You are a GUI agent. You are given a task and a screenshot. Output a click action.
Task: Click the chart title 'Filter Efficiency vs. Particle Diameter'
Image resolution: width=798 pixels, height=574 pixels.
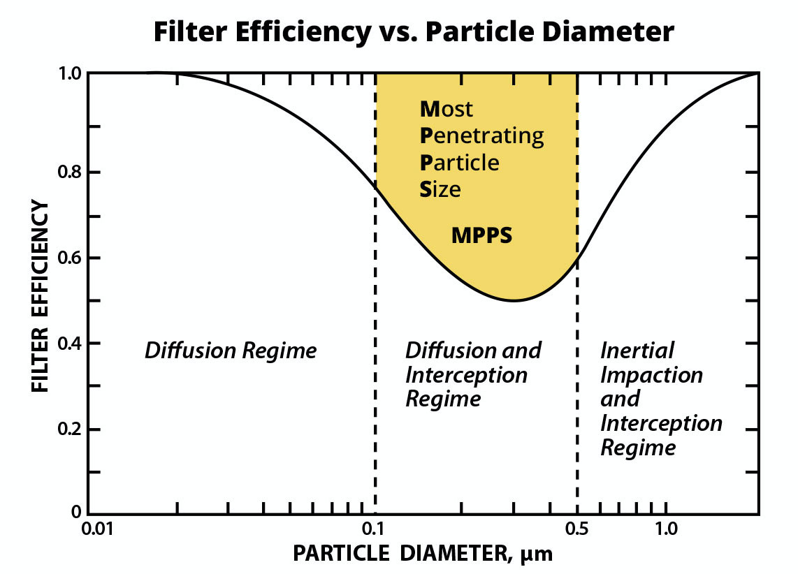(x=414, y=31)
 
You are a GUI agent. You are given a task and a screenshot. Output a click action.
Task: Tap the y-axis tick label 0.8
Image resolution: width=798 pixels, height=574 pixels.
(x=69, y=172)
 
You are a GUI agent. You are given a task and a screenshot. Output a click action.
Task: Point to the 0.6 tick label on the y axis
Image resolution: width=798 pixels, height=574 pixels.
(x=69, y=258)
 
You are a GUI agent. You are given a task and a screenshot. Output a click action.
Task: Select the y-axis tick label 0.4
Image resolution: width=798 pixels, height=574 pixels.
(x=69, y=343)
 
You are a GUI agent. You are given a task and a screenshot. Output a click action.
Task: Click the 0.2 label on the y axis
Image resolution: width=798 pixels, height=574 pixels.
(x=69, y=429)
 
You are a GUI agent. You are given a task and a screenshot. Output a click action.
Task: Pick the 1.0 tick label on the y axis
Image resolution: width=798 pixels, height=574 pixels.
(x=70, y=74)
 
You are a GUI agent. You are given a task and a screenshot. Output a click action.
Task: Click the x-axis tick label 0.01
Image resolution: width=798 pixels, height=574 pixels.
(x=97, y=529)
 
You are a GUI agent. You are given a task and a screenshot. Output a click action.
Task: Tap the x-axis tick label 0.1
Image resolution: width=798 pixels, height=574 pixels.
(x=373, y=529)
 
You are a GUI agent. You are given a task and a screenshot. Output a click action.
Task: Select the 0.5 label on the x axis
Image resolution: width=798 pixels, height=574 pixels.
(x=576, y=529)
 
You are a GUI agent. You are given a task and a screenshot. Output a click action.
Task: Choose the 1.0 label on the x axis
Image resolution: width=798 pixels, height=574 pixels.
(x=666, y=529)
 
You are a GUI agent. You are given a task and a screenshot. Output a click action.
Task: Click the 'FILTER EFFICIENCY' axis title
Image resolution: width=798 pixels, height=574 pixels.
(x=40, y=295)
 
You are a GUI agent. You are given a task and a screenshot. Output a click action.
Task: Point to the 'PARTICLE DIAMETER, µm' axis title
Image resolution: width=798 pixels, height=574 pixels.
(x=423, y=553)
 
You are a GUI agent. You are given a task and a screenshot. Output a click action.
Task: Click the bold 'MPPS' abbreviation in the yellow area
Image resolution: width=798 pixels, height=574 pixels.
(x=481, y=235)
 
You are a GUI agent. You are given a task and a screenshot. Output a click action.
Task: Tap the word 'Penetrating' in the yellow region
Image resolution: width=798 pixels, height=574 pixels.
(x=481, y=136)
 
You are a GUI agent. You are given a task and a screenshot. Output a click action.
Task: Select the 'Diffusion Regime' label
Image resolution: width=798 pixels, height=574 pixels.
(x=231, y=351)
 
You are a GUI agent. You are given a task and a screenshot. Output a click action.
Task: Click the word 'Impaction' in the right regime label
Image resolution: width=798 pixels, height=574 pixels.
(x=651, y=376)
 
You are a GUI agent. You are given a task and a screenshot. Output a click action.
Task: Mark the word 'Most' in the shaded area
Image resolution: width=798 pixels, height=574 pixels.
(x=446, y=109)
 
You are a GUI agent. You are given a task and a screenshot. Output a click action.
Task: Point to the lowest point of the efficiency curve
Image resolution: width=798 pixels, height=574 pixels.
(x=514, y=300)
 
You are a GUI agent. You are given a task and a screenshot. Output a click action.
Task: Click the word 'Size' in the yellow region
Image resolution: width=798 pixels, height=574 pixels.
(x=440, y=189)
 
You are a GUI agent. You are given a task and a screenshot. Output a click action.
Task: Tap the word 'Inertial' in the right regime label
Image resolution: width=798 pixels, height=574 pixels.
(x=637, y=351)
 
